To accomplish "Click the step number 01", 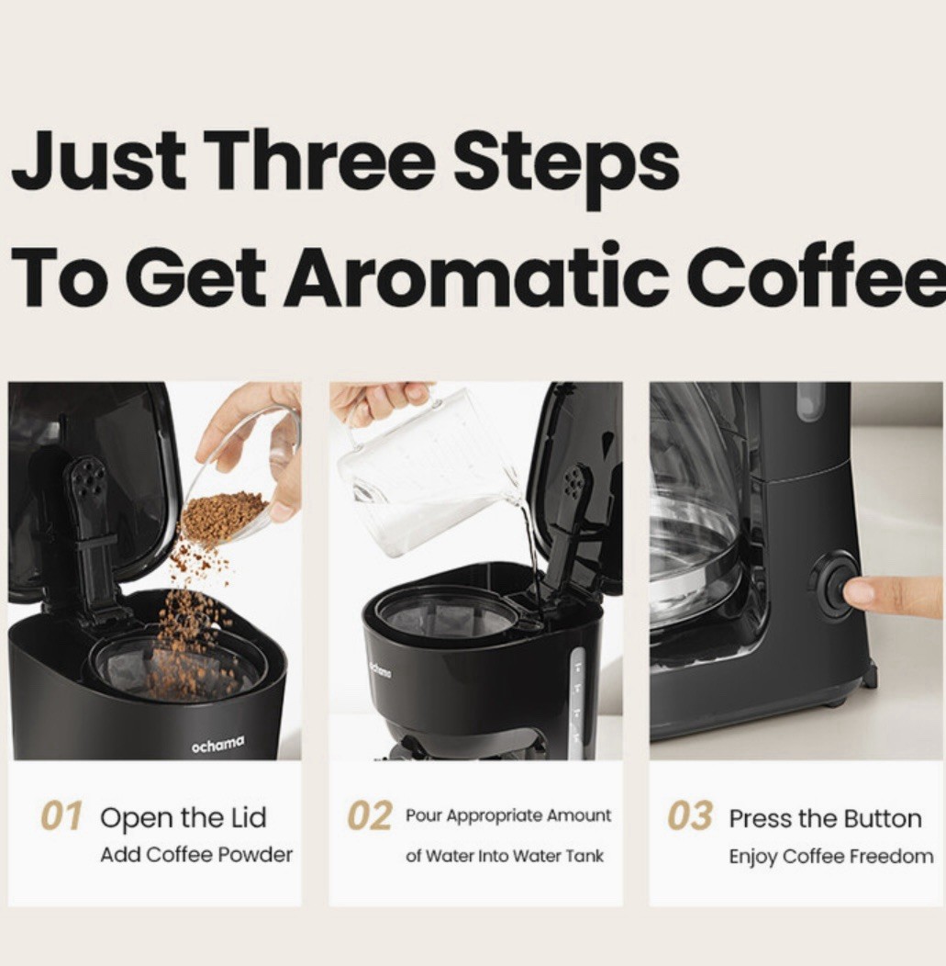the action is tap(61, 817).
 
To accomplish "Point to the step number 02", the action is tap(369, 817).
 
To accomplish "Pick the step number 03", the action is tap(690, 817).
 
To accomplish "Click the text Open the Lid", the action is tap(184, 819).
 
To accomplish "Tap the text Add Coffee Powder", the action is tap(196, 855).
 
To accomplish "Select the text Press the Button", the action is tap(826, 819).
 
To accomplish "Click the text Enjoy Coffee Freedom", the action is tap(831, 857).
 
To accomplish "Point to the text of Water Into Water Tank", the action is tap(505, 856).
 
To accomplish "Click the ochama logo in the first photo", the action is tap(217, 744).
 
